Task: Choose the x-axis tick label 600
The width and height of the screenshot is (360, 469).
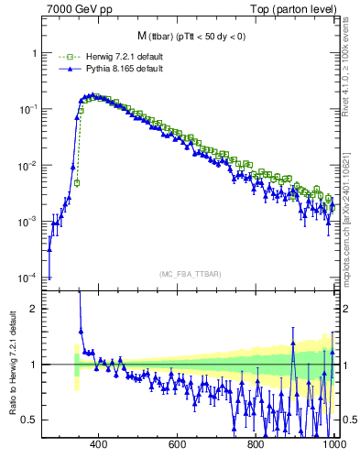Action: click(x=178, y=445)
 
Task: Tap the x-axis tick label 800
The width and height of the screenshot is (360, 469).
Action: click(x=256, y=445)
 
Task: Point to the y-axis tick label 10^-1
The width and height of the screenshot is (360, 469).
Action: click(x=28, y=109)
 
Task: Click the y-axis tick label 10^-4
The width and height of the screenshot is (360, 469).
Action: click(x=28, y=278)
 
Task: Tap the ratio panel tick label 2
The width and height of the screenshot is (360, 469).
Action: click(x=35, y=310)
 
